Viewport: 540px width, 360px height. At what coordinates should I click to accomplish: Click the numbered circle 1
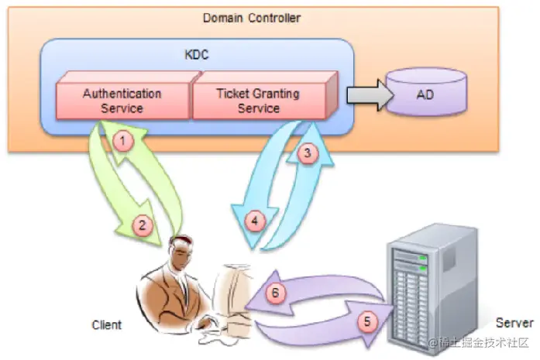pos(121,141)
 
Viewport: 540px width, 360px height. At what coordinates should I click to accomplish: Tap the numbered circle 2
pos(141,226)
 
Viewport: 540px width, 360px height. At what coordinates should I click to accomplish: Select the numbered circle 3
pos(308,153)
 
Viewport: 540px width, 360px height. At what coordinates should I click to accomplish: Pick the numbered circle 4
pos(253,220)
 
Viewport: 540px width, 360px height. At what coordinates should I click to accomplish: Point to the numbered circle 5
pos(367,320)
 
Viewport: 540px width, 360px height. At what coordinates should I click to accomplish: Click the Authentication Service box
pos(122,101)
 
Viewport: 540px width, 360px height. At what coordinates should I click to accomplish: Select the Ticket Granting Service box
pos(259,101)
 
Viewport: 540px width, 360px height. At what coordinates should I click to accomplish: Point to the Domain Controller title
pos(252,17)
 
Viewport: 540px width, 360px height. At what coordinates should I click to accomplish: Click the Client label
pos(106,324)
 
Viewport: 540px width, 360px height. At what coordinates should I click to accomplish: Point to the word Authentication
pos(122,94)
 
